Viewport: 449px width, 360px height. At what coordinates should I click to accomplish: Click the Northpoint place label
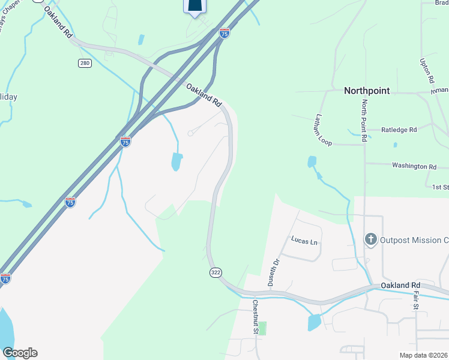click(367, 91)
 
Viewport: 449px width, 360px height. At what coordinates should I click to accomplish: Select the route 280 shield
click(85, 63)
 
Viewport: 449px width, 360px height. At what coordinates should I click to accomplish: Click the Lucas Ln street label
click(304, 241)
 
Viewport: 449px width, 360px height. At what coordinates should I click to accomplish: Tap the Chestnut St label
click(256, 317)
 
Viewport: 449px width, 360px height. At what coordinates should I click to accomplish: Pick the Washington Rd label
click(414, 166)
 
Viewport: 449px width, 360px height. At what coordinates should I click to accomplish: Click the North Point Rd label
click(364, 121)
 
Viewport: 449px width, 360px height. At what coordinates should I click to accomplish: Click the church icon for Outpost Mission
click(370, 240)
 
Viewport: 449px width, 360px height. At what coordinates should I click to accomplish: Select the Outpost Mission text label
click(414, 240)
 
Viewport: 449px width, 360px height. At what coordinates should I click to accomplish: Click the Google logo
click(20, 353)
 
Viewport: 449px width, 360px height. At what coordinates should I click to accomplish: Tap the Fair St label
click(415, 300)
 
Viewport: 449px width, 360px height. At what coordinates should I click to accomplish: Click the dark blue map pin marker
click(194, 6)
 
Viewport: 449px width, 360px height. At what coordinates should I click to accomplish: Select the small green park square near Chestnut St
click(262, 328)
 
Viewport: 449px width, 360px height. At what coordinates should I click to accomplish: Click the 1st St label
click(440, 187)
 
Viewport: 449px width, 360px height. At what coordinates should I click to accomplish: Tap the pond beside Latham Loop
click(312, 161)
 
